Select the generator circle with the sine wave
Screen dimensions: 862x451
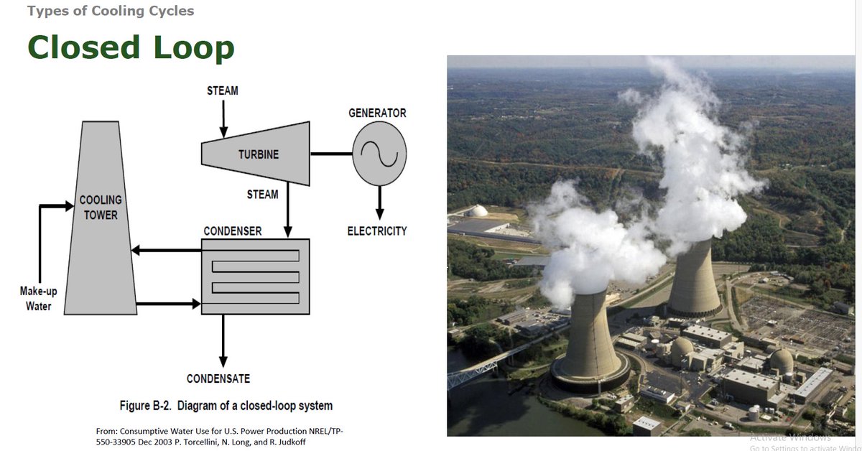point(379,154)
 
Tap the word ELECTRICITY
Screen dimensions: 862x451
point(377,231)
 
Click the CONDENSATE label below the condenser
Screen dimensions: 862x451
point(218,378)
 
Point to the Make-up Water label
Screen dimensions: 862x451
point(39,299)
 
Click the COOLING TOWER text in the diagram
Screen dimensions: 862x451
point(101,208)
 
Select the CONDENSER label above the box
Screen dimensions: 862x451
point(233,231)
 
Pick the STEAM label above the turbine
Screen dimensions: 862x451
point(223,90)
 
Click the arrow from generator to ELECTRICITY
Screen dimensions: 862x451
point(380,203)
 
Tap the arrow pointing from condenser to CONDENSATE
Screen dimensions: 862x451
point(223,341)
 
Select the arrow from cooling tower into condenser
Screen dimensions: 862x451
point(169,304)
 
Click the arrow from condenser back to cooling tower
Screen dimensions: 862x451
point(167,251)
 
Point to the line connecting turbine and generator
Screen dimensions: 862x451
point(331,154)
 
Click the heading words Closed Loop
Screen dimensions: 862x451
point(131,47)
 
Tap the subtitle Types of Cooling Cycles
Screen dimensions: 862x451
point(111,11)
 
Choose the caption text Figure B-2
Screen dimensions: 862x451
point(145,406)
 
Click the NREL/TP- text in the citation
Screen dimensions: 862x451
point(322,431)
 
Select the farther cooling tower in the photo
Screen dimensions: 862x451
point(694,277)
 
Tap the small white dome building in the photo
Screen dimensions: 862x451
point(478,211)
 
